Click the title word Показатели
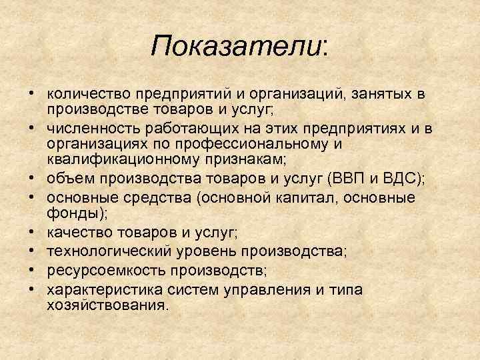pos(237,46)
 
